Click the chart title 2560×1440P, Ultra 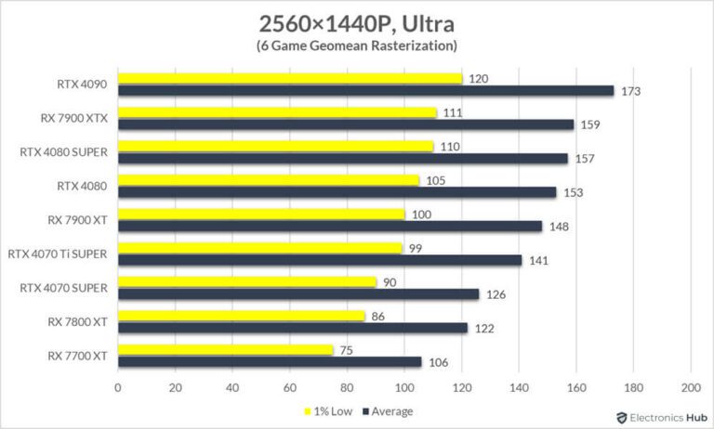click(x=356, y=21)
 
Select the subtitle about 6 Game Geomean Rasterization click(x=356, y=45)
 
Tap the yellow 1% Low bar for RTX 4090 click(x=290, y=78)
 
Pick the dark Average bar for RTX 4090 click(x=365, y=90)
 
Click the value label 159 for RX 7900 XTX click(x=588, y=123)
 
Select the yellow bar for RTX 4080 click(x=269, y=180)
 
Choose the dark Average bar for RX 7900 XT click(x=330, y=226)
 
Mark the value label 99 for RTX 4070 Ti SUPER click(x=416, y=248)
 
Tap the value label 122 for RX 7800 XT click(x=483, y=328)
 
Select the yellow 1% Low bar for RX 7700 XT click(x=226, y=350)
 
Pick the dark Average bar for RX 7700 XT click(x=270, y=362)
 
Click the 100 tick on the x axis click(x=404, y=386)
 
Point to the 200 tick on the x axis click(x=691, y=386)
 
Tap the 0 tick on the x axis click(x=118, y=386)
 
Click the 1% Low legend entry click(x=326, y=411)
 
